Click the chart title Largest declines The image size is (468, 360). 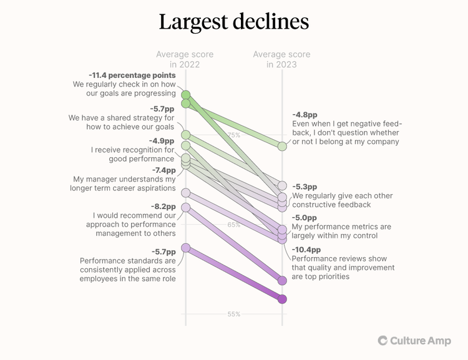[234, 22]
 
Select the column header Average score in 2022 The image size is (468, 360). [185, 59]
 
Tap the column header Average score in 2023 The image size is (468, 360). [281, 59]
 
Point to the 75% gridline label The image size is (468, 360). [233, 135]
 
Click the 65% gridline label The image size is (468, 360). [233, 225]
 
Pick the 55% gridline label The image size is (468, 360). [233, 314]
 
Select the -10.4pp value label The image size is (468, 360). [305, 249]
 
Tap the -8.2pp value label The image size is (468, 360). [162, 206]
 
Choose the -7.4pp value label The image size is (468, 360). [163, 170]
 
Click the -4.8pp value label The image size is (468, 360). [305, 115]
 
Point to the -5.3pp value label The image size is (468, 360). [305, 187]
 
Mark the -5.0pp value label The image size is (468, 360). [305, 217]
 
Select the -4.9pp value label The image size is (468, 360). [162, 140]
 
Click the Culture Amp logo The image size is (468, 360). [414, 341]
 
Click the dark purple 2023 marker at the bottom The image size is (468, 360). [282, 299]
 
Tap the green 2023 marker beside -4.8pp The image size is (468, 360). [282, 146]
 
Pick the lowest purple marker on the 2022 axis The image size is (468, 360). [185, 248]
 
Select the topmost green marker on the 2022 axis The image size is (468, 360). [185, 95]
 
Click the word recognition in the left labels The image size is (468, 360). [142, 150]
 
